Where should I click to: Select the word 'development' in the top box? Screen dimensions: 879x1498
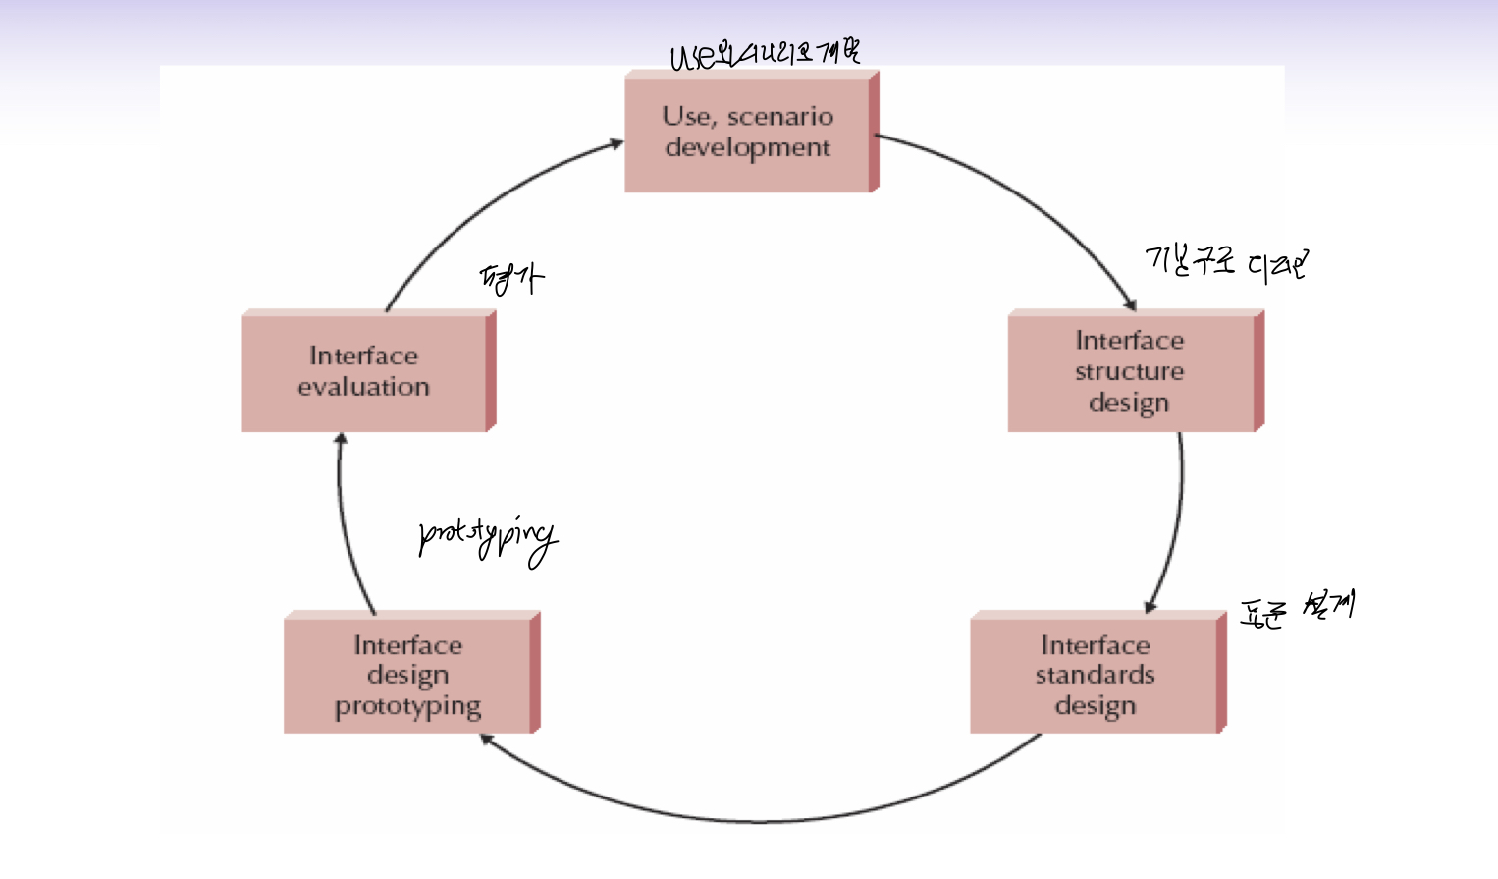(x=747, y=148)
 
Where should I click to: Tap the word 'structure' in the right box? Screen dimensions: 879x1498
(x=1129, y=372)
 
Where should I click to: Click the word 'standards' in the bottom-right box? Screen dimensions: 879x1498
(x=1095, y=676)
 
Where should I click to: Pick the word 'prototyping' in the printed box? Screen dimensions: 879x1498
(x=407, y=707)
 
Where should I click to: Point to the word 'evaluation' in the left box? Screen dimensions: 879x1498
(x=363, y=387)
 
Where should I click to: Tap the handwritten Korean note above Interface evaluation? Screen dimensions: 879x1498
(x=510, y=279)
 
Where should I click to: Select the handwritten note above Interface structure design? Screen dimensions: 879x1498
(x=1226, y=262)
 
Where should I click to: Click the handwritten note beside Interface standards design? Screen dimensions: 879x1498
(x=1297, y=609)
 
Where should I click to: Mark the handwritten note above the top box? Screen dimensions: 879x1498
(x=765, y=54)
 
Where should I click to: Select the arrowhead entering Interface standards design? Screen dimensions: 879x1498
(x=1150, y=606)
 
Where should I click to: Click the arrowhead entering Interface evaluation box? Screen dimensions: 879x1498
(x=341, y=439)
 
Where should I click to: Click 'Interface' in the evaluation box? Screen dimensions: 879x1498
(x=363, y=356)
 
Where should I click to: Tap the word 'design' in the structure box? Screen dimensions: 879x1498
(x=1129, y=404)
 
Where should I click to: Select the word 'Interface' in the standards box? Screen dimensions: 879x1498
(x=1095, y=645)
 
